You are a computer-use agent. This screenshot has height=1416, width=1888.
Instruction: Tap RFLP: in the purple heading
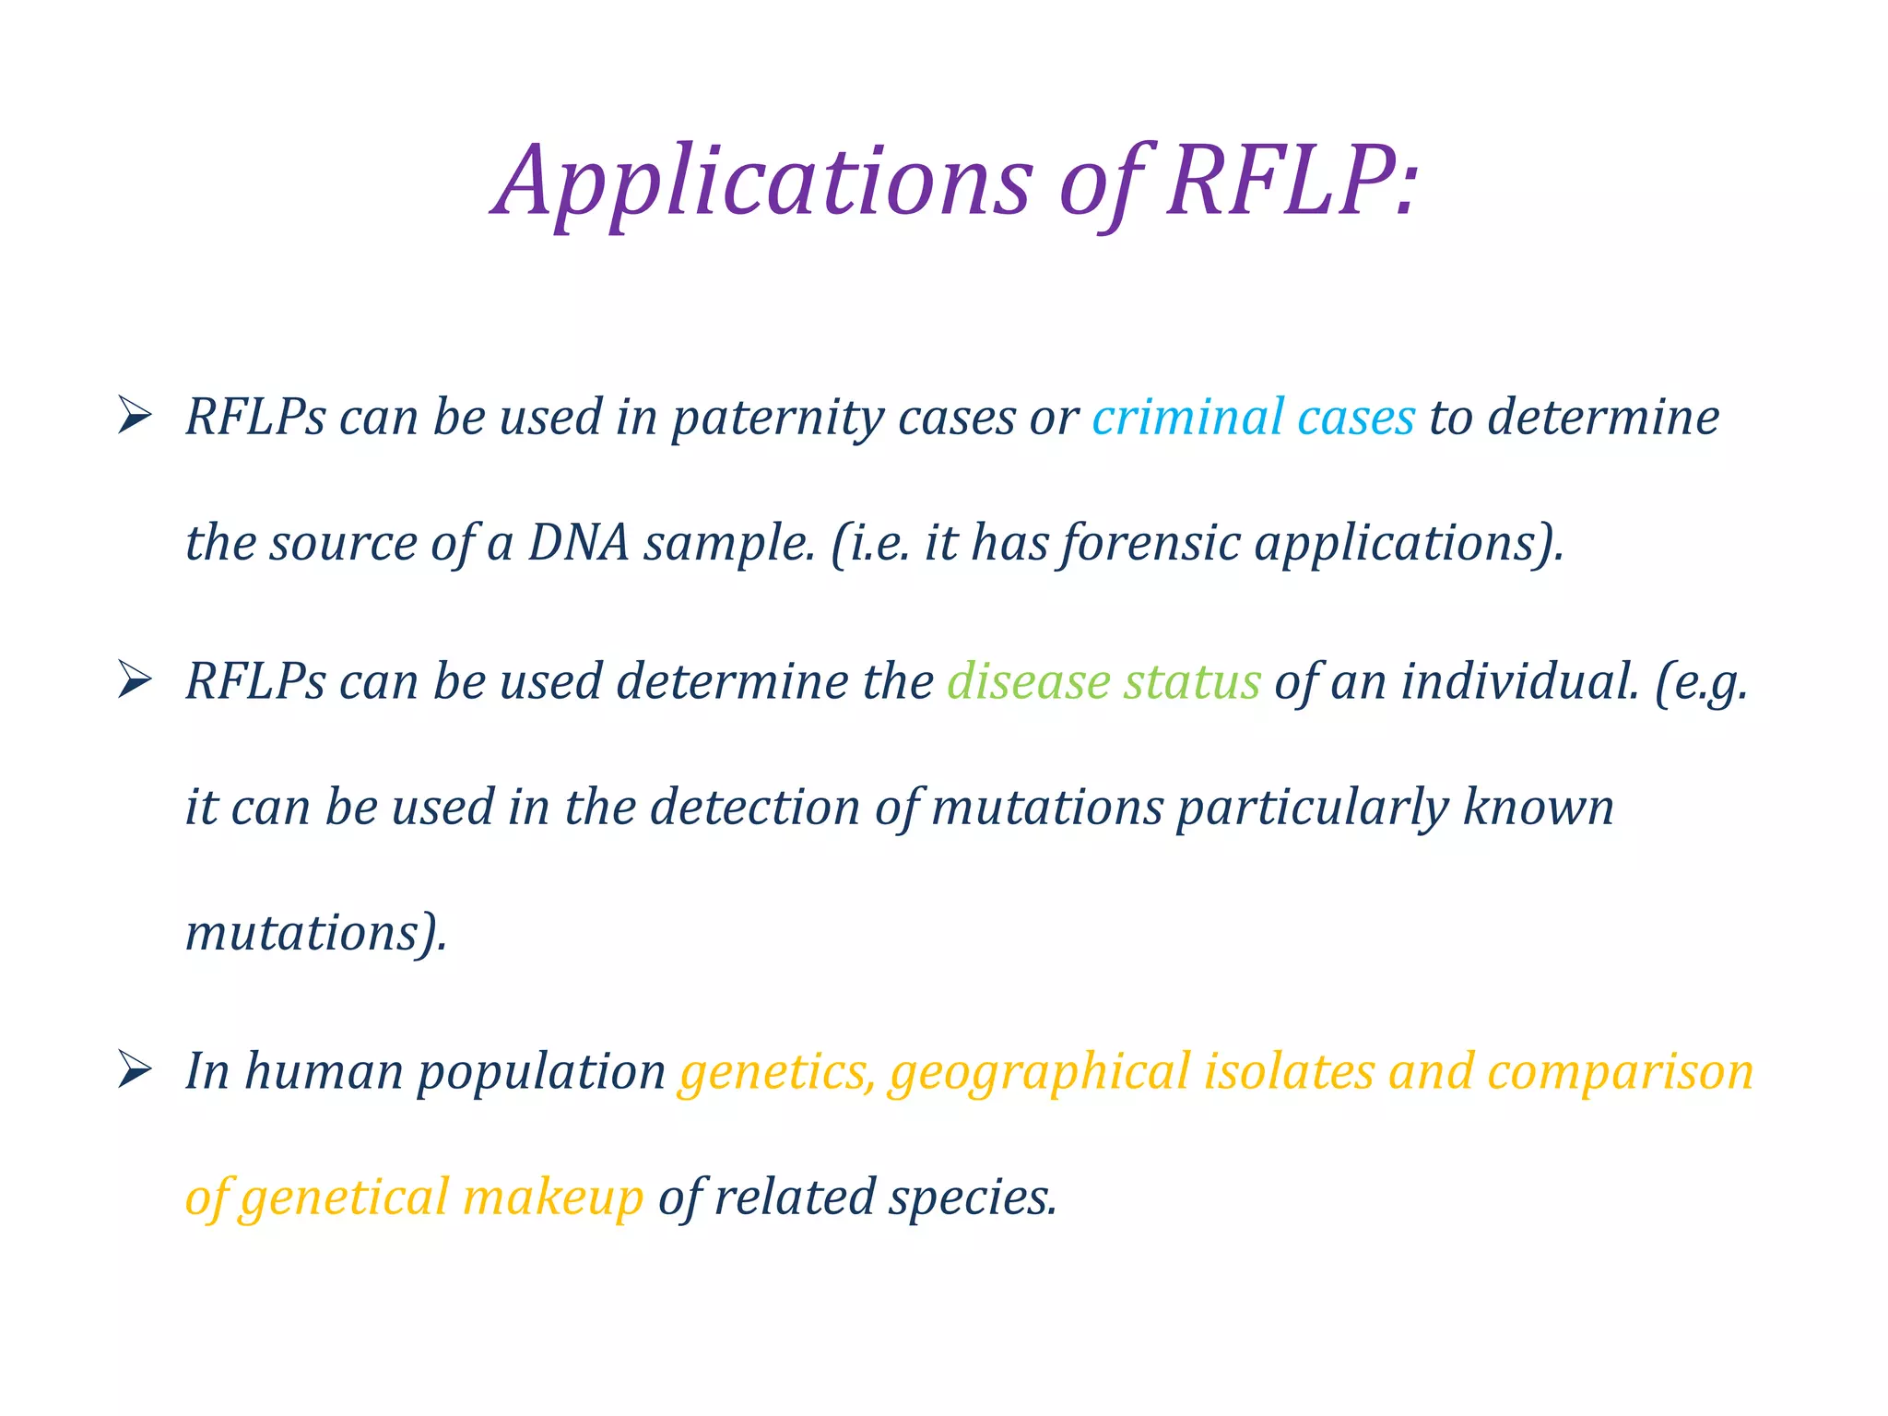tap(1291, 183)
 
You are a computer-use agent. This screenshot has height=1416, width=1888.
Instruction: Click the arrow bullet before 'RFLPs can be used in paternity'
tap(135, 417)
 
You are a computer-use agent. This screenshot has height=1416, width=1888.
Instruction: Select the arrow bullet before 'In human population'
tap(135, 1071)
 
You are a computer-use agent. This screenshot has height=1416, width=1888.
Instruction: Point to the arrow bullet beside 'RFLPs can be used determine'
tap(135, 682)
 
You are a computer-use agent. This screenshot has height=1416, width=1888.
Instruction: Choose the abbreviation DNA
tap(578, 543)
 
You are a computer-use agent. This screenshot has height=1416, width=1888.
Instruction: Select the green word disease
tap(1028, 682)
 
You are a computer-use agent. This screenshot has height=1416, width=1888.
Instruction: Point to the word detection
tap(755, 808)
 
